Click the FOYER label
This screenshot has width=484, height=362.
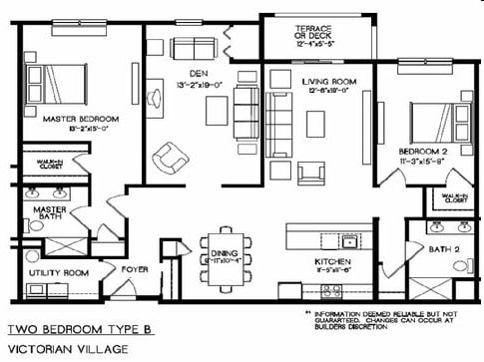[135, 269]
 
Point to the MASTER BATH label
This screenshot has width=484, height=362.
[49, 215]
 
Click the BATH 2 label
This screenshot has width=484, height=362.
[442, 250]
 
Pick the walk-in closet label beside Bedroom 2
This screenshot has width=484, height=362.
[453, 197]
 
